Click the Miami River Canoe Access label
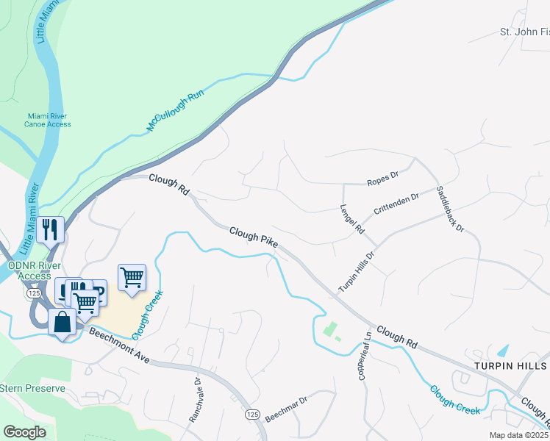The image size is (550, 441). tap(49, 120)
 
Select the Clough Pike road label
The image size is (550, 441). tap(253, 235)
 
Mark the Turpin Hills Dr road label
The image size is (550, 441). tap(357, 271)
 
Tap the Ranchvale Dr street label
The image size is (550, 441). tap(195, 400)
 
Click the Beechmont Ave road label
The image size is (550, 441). tap(119, 346)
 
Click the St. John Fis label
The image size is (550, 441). tap(524, 32)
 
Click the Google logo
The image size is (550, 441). tap(24, 432)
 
